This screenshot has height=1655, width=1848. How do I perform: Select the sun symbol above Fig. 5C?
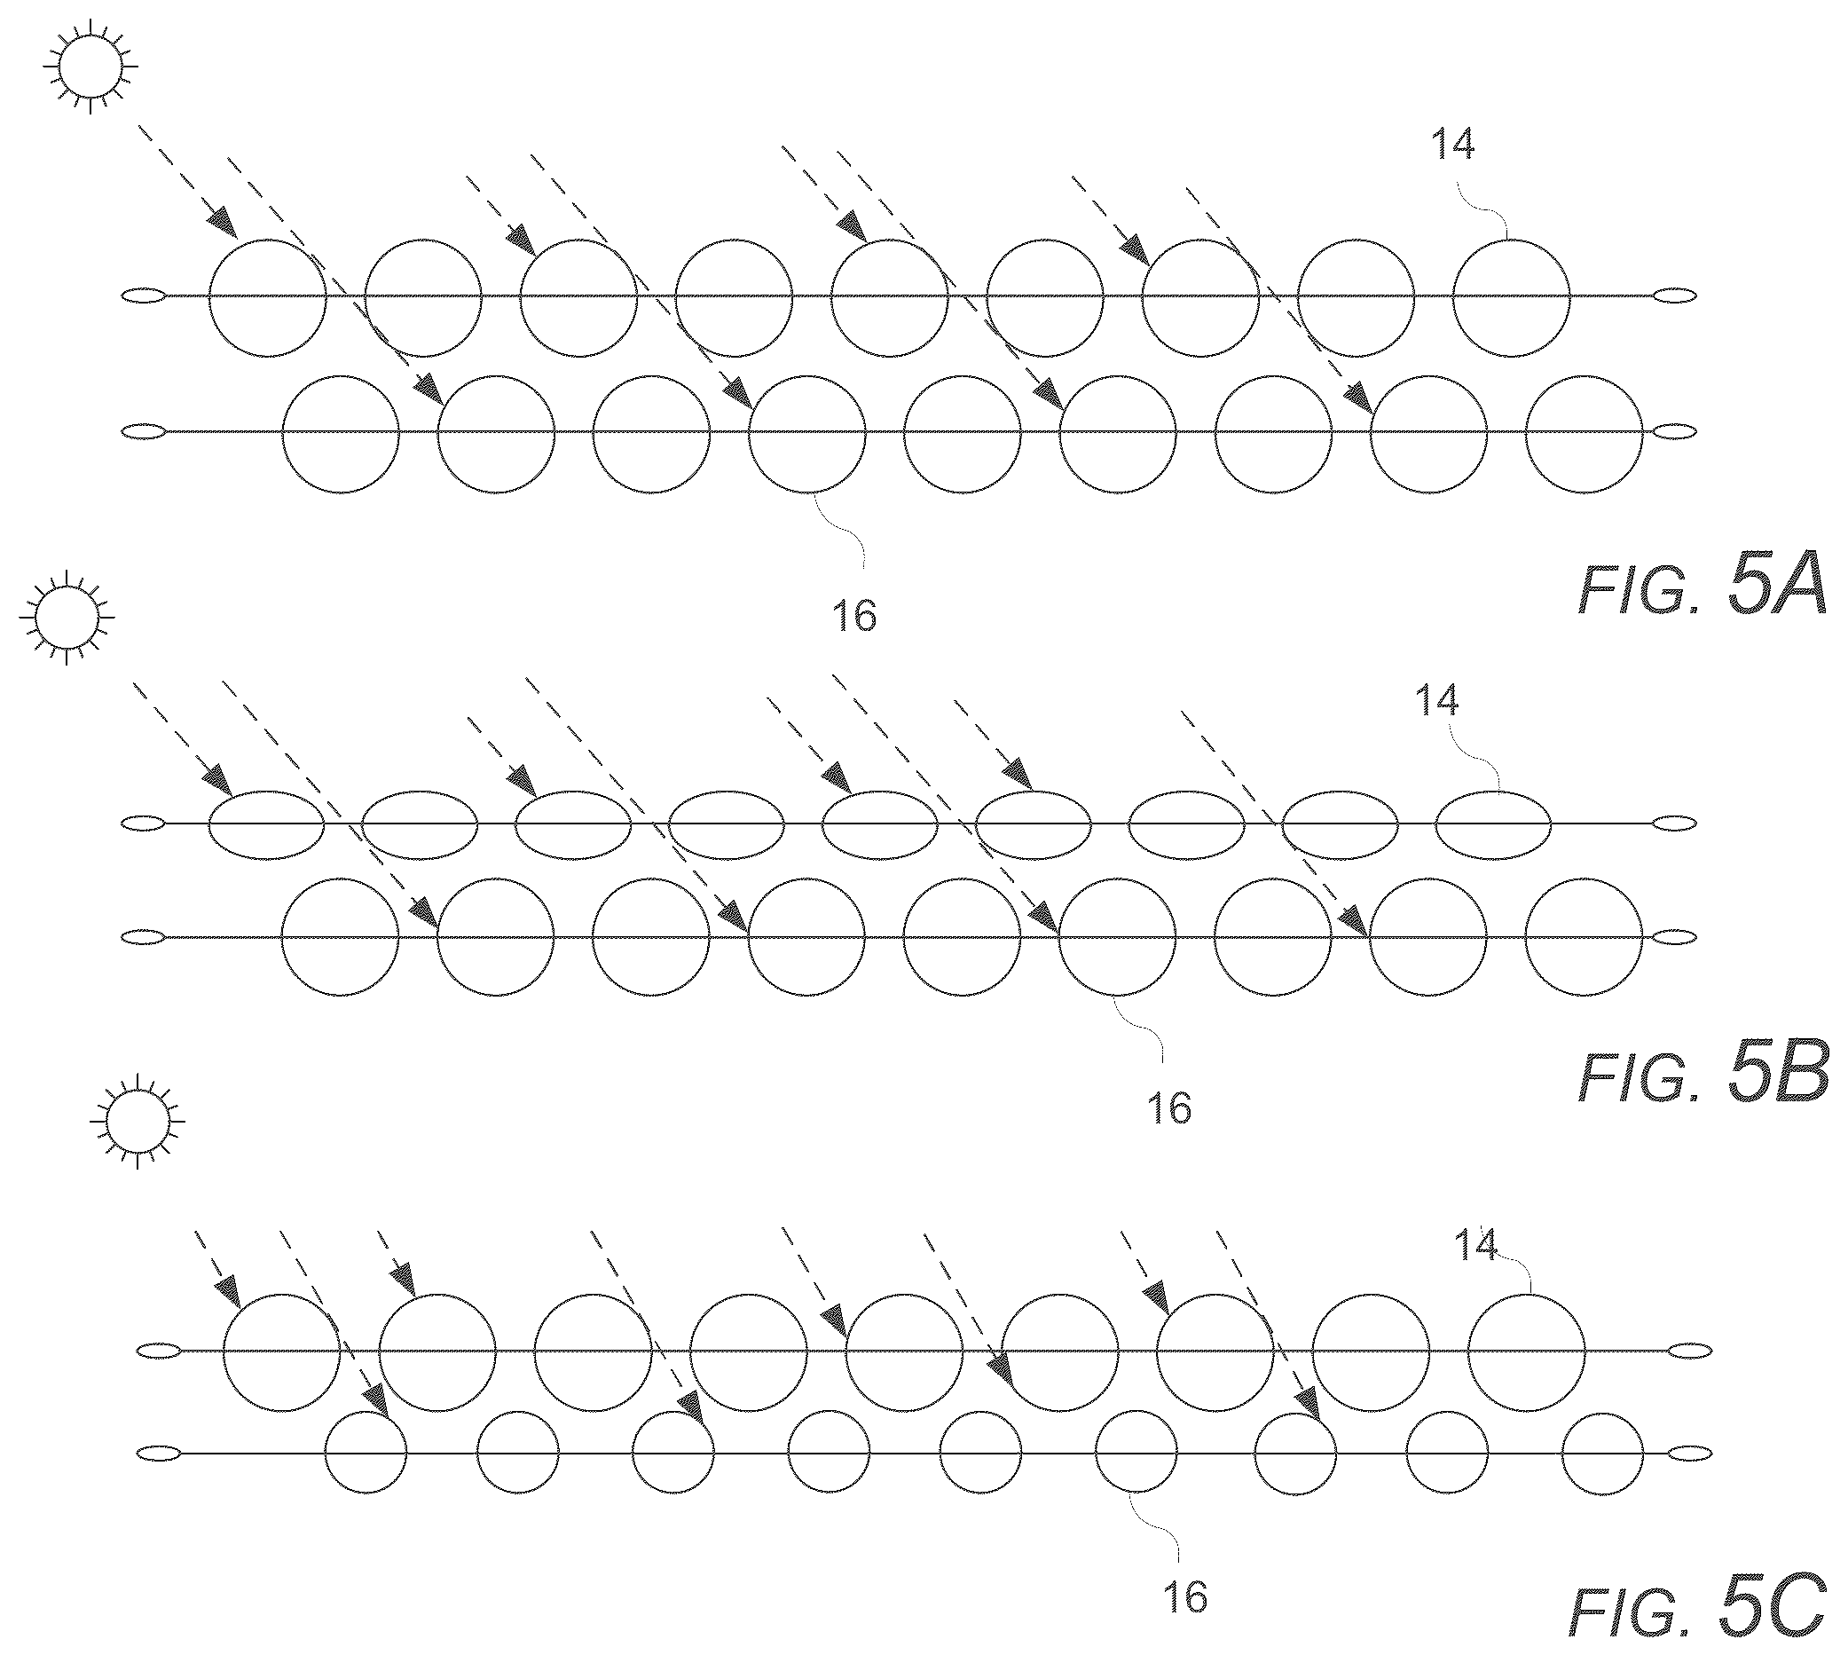coord(138,1120)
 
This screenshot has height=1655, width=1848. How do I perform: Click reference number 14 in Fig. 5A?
coord(1451,144)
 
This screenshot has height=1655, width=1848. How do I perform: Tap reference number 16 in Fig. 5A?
coord(854,616)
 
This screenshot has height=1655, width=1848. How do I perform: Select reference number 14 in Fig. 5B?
coord(1437,700)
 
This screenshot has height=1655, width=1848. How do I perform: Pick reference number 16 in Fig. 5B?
coord(1169,1107)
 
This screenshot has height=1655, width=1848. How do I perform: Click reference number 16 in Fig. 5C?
coord(1185,1621)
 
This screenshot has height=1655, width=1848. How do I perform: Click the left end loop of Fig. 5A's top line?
coord(144,296)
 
